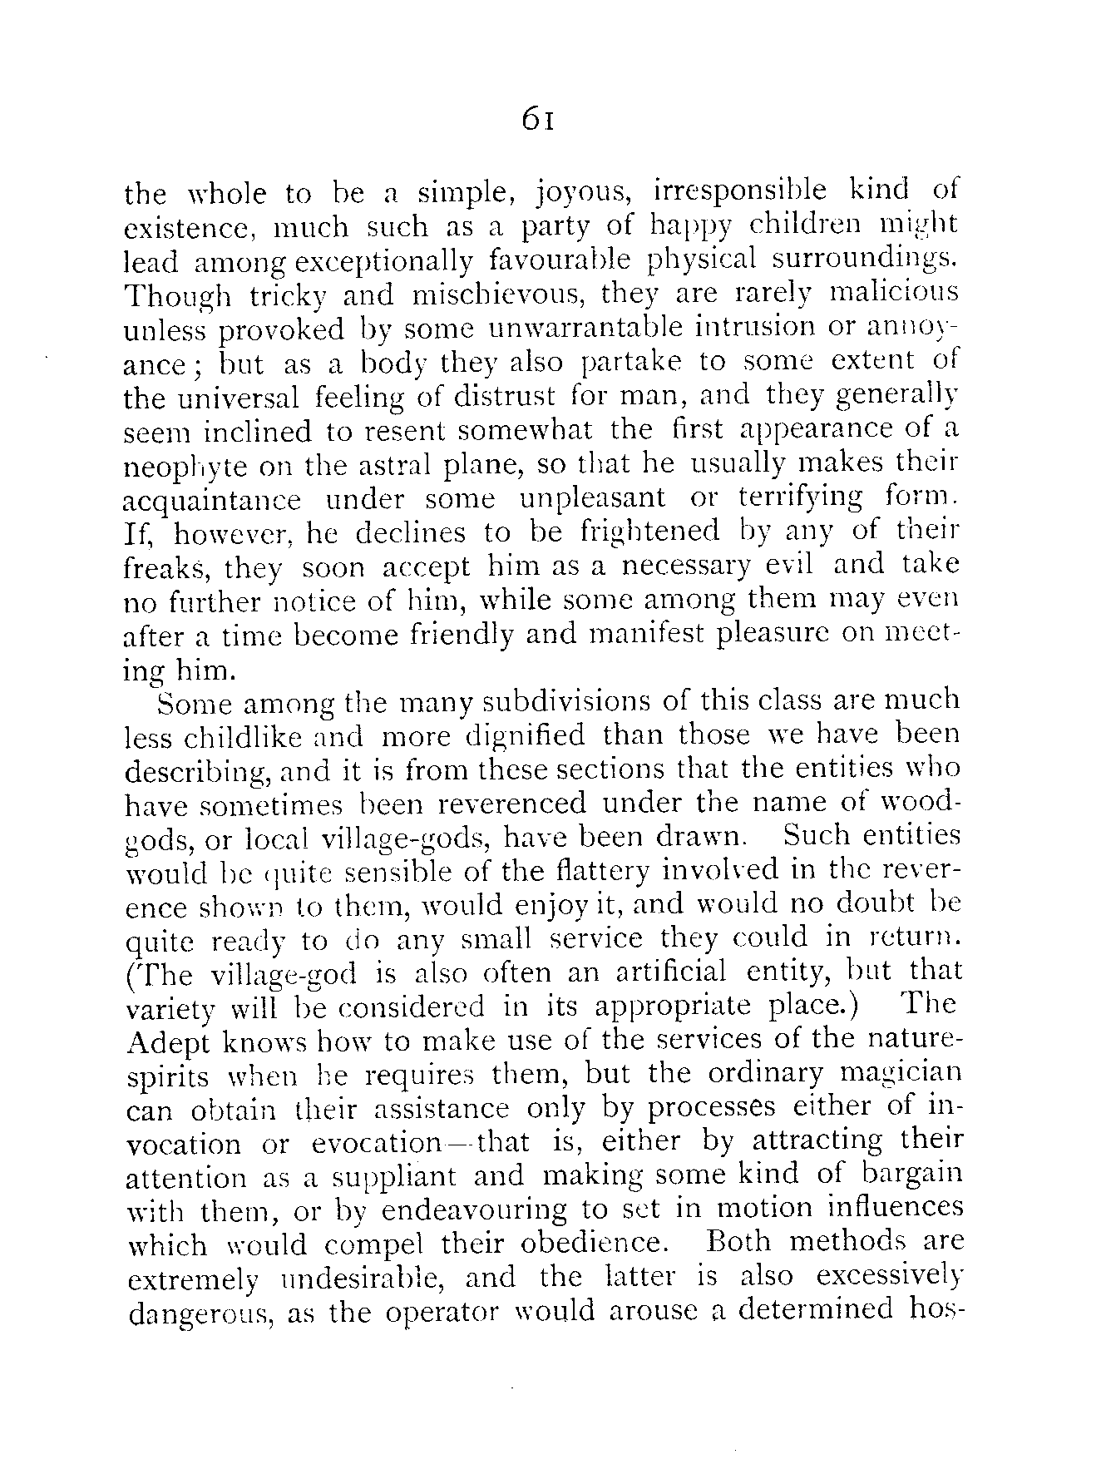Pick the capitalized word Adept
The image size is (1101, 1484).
click(x=167, y=1041)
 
